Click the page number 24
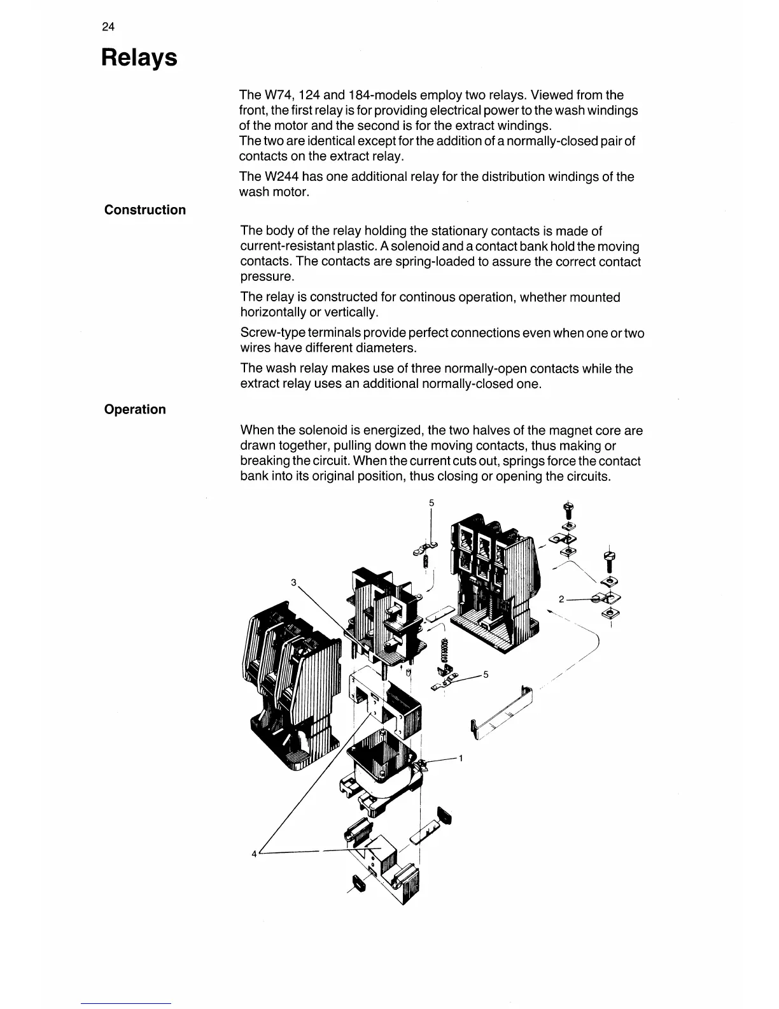coord(108,27)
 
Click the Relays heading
coord(139,58)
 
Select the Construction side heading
coord(145,210)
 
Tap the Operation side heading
coord(135,409)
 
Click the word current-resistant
coord(288,247)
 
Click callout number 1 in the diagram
coord(460,758)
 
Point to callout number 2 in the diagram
coord(561,599)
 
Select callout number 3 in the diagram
coord(293,582)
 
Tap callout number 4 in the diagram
coord(254,854)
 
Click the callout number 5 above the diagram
coord(431,503)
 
